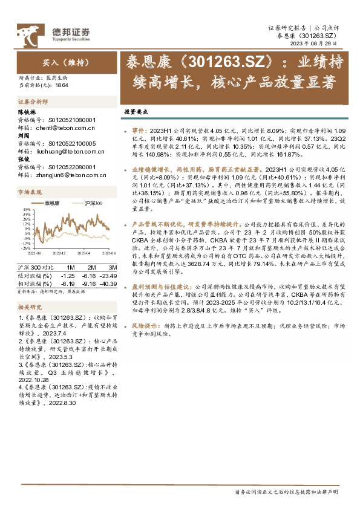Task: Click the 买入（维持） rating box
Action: coord(58,62)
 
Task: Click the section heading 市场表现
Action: coord(30,192)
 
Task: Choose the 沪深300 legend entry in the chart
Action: coord(93,203)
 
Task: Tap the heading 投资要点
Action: coord(152,112)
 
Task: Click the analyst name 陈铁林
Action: coord(28,112)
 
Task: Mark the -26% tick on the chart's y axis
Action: coord(27,247)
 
